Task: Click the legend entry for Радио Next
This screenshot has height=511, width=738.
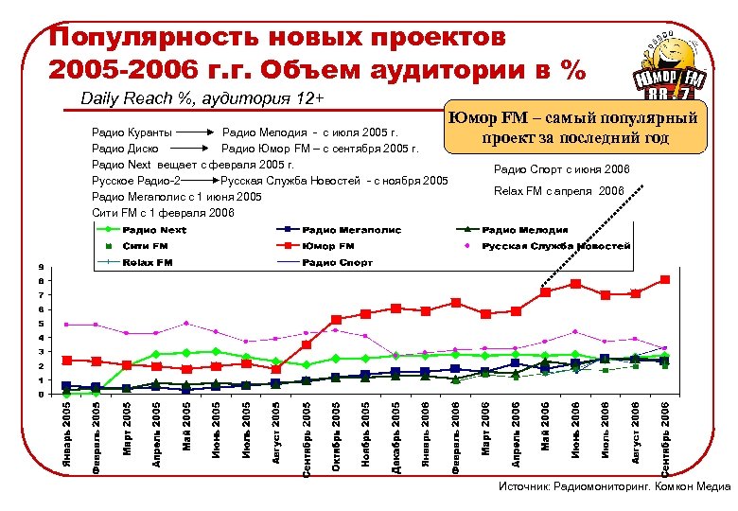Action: click(153, 230)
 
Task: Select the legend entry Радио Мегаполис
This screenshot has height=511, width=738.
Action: click(352, 230)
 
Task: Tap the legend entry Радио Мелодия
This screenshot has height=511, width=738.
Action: click(525, 230)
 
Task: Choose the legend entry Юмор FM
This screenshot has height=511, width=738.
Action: click(328, 245)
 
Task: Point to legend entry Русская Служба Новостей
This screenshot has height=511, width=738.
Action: click(555, 245)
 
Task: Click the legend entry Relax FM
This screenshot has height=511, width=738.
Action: click(148, 261)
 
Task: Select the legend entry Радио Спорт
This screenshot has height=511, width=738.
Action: click(339, 261)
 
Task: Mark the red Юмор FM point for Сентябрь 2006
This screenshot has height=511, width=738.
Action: click(665, 279)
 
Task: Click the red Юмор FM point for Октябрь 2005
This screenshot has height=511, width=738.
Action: click(336, 320)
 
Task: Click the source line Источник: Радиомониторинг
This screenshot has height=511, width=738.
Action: click(615, 486)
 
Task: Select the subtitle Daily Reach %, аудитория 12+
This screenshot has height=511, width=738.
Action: click(202, 97)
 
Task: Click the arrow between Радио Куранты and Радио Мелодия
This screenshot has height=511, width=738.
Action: click(196, 132)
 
